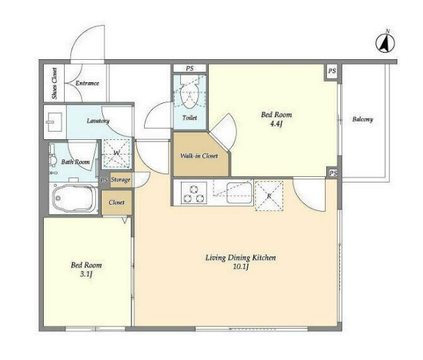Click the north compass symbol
click(385, 42)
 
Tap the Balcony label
click(362, 119)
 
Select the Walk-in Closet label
click(199, 156)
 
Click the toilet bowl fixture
click(190, 95)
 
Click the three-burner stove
click(193, 193)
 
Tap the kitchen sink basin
click(239, 193)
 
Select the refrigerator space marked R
click(269, 196)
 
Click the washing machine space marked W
click(117, 154)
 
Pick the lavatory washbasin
click(54, 122)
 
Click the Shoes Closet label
click(54, 83)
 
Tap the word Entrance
click(87, 83)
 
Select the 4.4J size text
click(276, 124)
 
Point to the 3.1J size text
click(86, 274)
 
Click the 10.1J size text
click(241, 267)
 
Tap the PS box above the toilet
click(190, 68)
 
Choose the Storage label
click(120, 180)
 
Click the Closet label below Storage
click(117, 202)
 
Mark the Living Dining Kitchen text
click(241, 258)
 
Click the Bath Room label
click(76, 162)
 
